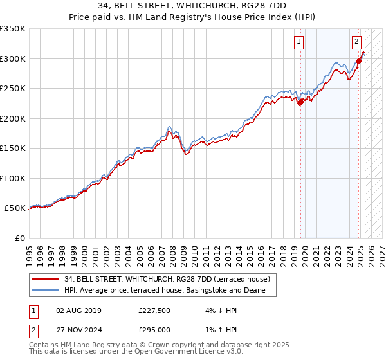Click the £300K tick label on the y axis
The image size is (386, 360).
click(x=13, y=59)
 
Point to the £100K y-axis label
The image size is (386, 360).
click(x=13, y=178)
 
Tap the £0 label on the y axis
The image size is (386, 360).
click(x=19, y=238)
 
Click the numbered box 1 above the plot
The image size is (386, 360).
click(x=300, y=42)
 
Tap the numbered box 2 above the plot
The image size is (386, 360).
click(x=356, y=42)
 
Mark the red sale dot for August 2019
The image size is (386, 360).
click(x=300, y=102)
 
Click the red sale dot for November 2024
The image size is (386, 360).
click(x=358, y=62)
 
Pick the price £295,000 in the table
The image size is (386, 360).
click(x=154, y=329)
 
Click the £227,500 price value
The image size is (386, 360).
click(x=154, y=310)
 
